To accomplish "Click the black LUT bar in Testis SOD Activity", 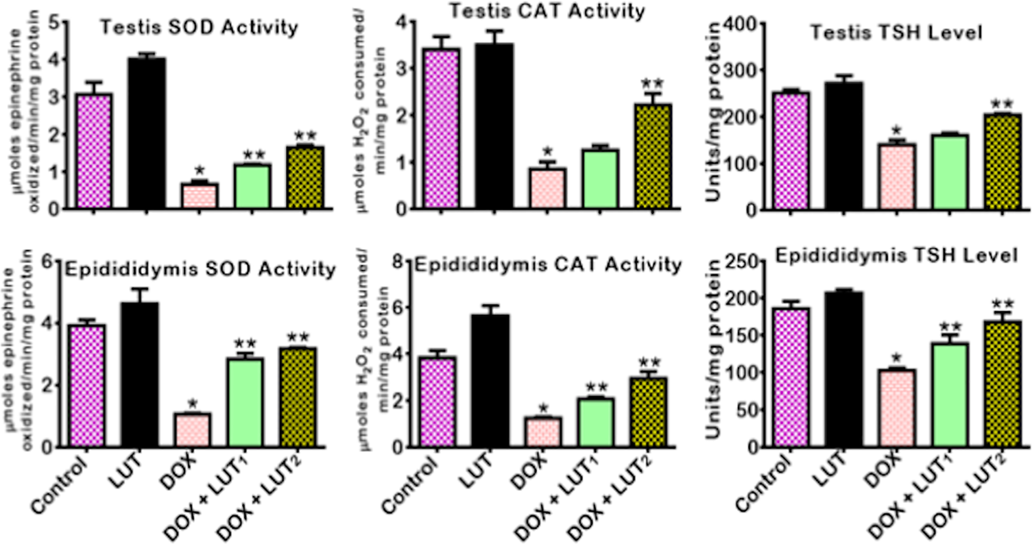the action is coord(147,134).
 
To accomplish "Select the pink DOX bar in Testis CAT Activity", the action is coord(547,188).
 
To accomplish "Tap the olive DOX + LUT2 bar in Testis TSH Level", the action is coord(1002,162).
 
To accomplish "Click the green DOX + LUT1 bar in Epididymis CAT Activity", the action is coord(596,423).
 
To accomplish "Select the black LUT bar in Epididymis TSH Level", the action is coord(844,369).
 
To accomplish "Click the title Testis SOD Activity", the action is coord(199,27).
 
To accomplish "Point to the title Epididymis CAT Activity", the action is coord(548,264).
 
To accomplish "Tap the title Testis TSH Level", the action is coord(896,33).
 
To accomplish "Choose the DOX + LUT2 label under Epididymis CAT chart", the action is coord(611,496).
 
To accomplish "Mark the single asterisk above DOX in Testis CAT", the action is coord(547,152).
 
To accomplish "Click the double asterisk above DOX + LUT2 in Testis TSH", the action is coord(1002,104).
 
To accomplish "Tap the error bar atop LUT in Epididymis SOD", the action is coord(140,295).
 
